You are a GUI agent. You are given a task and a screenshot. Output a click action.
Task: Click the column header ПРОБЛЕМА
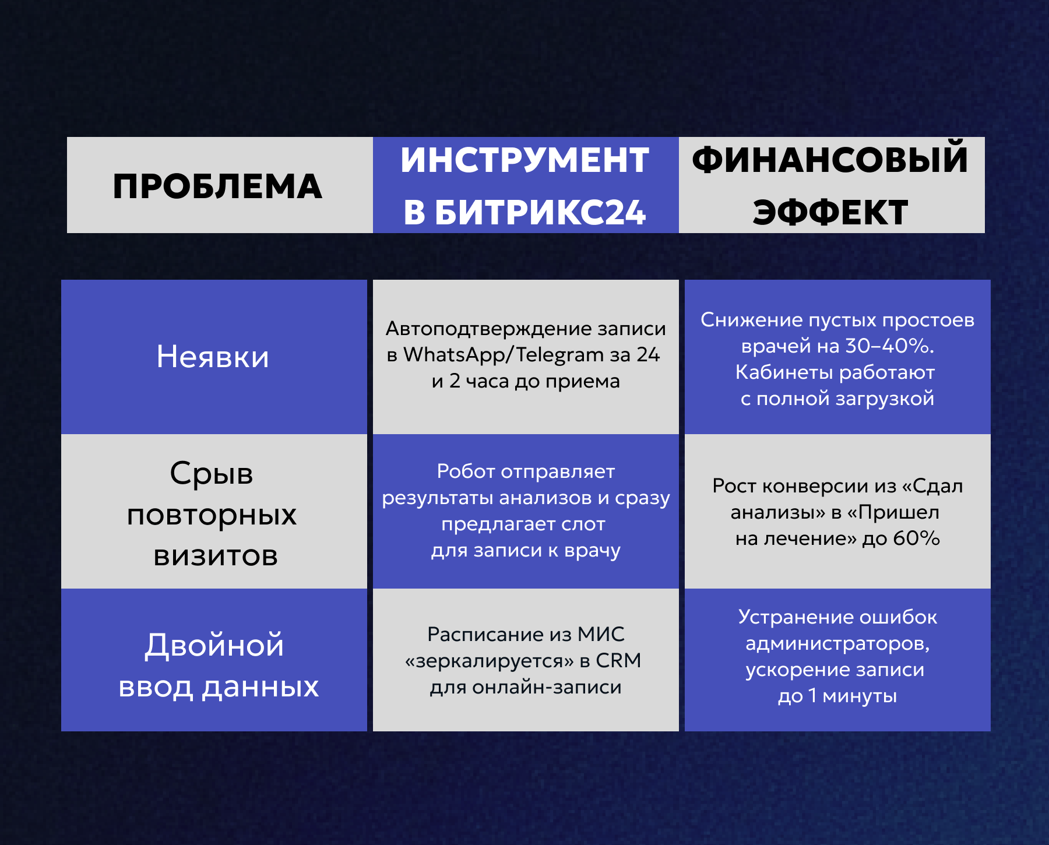(x=217, y=186)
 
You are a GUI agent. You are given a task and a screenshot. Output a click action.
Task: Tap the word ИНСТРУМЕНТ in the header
(x=525, y=160)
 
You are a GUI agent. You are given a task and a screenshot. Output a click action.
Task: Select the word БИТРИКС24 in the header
(x=540, y=212)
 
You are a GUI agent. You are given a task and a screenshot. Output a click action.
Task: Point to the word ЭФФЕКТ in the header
(x=830, y=212)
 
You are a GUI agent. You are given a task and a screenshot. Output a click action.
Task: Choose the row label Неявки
(x=213, y=357)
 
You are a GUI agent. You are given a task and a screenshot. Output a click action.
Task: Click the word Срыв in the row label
(x=212, y=473)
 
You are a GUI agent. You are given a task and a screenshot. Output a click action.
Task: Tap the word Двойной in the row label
(x=214, y=645)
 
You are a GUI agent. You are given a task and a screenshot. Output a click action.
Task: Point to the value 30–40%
(x=889, y=346)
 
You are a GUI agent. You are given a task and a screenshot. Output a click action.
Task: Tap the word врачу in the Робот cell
(x=592, y=551)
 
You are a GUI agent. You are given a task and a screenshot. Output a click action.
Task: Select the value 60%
(x=916, y=538)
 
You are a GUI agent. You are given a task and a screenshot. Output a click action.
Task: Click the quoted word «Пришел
(x=893, y=512)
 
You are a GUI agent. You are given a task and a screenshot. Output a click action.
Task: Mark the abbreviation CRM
(x=618, y=660)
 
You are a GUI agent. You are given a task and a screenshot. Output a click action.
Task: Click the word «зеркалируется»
(x=490, y=661)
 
